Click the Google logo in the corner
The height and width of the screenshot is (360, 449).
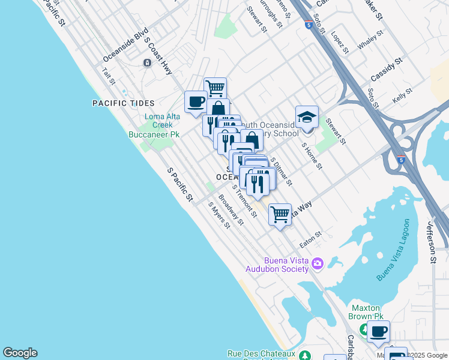[x=20, y=353]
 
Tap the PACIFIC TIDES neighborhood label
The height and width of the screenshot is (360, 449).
[x=123, y=103]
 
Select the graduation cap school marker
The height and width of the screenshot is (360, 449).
[x=307, y=116]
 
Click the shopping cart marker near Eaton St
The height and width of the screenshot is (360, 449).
[x=280, y=214]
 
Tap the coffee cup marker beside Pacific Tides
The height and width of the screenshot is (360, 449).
[x=196, y=101]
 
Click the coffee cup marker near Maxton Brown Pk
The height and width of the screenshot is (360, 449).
[x=378, y=331]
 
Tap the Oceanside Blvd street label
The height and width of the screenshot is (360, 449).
[x=125, y=47]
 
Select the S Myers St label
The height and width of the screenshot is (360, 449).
[x=219, y=215]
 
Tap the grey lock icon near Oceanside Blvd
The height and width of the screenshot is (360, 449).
[x=147, y=63]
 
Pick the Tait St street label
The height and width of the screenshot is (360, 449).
[x=108, y=76]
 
